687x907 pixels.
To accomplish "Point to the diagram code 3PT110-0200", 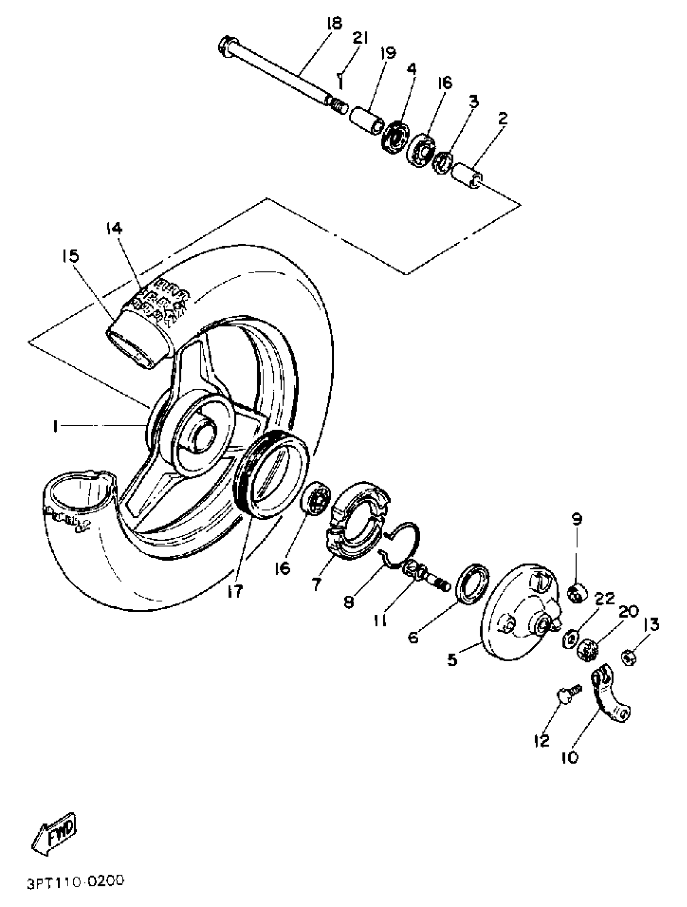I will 76,880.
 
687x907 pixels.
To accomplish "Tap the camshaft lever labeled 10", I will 610,698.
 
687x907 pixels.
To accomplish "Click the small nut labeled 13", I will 628,658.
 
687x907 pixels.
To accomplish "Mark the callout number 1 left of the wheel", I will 54,426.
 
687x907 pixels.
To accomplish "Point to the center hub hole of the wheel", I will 203,436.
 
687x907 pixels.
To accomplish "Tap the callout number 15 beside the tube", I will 70,256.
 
